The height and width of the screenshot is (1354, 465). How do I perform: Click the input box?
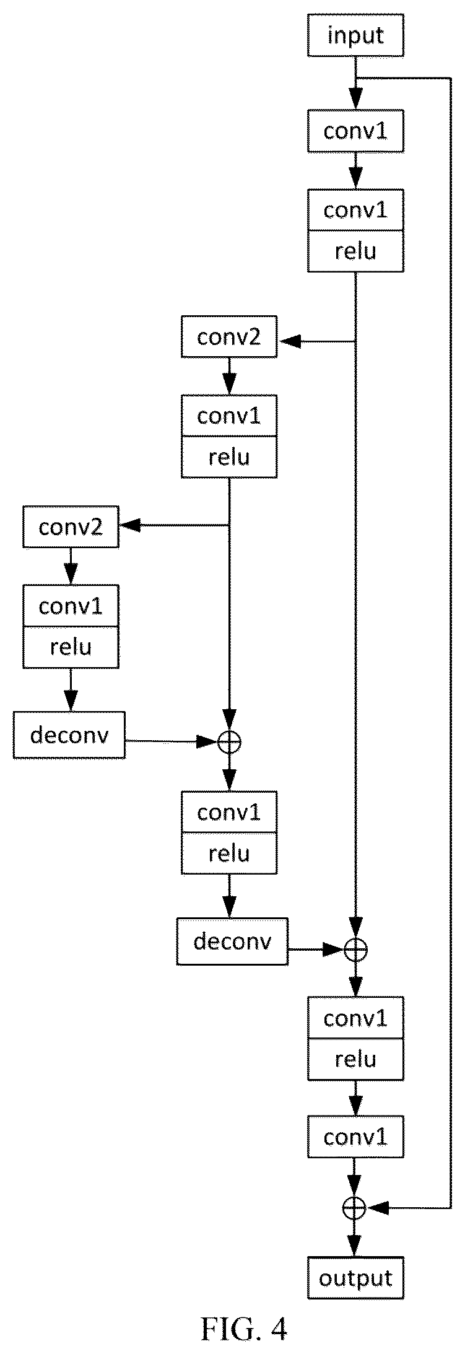355,35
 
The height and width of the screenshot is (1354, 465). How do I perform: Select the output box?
355,1278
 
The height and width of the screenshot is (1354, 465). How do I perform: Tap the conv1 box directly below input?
355,131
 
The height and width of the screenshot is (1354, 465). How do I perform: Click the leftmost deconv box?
69,735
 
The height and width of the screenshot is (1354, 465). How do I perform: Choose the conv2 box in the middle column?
229,337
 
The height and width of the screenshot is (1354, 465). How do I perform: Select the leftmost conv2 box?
71,527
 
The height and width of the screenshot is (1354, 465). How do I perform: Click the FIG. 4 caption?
244,1330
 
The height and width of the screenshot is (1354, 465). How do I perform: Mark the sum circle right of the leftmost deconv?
229,741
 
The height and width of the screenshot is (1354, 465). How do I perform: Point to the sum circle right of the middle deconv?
355,948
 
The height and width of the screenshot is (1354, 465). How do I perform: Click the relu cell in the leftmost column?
71,647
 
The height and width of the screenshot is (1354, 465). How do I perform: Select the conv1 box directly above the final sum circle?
355,1137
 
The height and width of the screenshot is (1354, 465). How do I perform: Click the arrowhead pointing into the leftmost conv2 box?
130,526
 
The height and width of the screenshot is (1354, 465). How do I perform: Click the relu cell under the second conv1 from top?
355,251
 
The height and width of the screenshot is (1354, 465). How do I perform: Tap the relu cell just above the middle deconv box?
229,854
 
